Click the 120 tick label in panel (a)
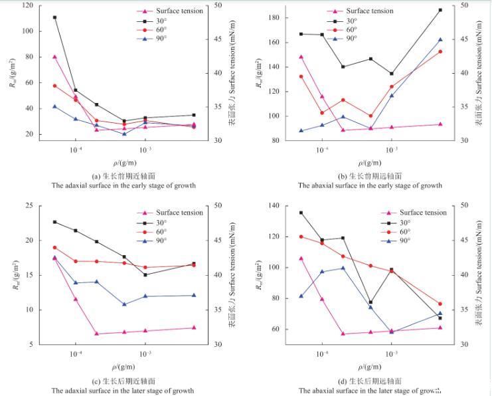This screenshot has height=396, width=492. [26, 5]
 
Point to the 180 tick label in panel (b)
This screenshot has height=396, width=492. [272, 17]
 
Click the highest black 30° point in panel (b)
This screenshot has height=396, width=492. [440, 10]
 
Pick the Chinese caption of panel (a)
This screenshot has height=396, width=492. [123, 176]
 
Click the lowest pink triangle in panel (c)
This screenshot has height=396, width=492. [96, 334]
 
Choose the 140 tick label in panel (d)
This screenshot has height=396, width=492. [272, 205]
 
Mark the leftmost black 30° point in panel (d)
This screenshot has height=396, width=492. [301, 213]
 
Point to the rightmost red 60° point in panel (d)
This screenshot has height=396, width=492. [440, 304]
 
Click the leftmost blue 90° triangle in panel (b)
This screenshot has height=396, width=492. [301, 131]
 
